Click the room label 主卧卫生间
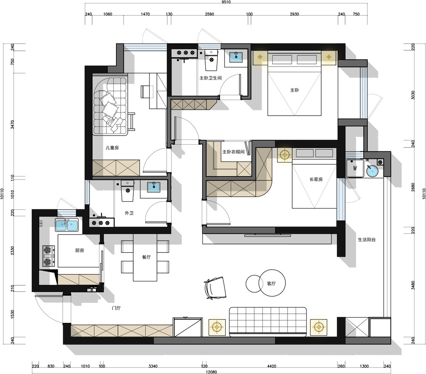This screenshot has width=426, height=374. pyautogui.click(x=210, y=78)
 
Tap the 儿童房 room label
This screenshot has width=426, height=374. pyautogui.click(x=112, y=148)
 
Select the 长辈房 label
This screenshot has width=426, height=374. pyautogui.click(x=316, y=180)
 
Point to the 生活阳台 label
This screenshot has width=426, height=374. pyautogui.click(x=367, y=240)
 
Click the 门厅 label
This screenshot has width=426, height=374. pyautogui.click(x=116, y=308)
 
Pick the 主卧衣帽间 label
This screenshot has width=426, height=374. pyautogui.click(x=233, y=152)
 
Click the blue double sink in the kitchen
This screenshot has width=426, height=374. pyautogui.click(x=66, y=225)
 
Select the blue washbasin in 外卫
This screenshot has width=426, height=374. pyautogui.click(x=154, y=187)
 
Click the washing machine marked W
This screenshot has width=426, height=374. pyautogui.click(x=355, y=168)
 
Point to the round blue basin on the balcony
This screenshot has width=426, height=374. pyautogui.click(x=371, y=171)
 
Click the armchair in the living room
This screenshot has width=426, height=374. pyautogui.click(x=215, y=288)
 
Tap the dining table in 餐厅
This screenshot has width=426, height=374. pyautogui.click(x=145, y=257)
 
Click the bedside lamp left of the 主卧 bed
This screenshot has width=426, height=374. pyautogui.click(x=260, y=57)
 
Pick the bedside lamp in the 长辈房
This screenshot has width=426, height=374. pyautogui.click(x=285, y=155)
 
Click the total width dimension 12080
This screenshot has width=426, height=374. pyautogui.click(x=211, y=371)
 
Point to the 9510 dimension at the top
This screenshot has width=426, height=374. pyautogui.click(x=226, y=2)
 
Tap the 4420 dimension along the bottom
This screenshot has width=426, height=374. pyautogui.click(x=271, y=366)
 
